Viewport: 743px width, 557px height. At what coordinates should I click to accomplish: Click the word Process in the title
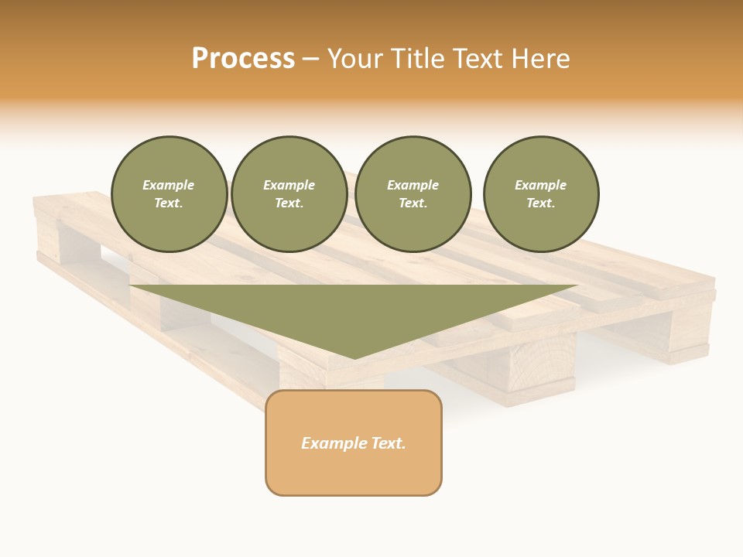click(x=243, y=59)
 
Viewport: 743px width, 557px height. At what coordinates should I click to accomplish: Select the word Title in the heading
click(x=421, y=59)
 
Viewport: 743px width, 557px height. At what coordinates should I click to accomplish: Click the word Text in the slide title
click(x=481, y=59)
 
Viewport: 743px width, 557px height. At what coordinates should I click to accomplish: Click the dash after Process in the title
click(x=310, y=60)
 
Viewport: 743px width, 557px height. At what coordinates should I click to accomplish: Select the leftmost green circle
click(x=169, y=194)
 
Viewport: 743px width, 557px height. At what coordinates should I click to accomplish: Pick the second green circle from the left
click(x=289, y=194)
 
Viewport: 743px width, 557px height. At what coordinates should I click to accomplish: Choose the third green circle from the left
click(x=413, y=194)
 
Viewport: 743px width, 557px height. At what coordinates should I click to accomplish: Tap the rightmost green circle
click(x=541, y=194)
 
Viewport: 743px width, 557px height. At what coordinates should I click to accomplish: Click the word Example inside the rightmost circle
click(x=541, y=185)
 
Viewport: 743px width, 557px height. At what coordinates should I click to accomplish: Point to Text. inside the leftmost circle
click(x=169, y=203)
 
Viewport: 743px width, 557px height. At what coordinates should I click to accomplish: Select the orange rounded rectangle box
click(x=354, y=443)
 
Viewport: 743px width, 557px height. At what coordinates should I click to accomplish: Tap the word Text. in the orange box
click(x=388, y=443)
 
